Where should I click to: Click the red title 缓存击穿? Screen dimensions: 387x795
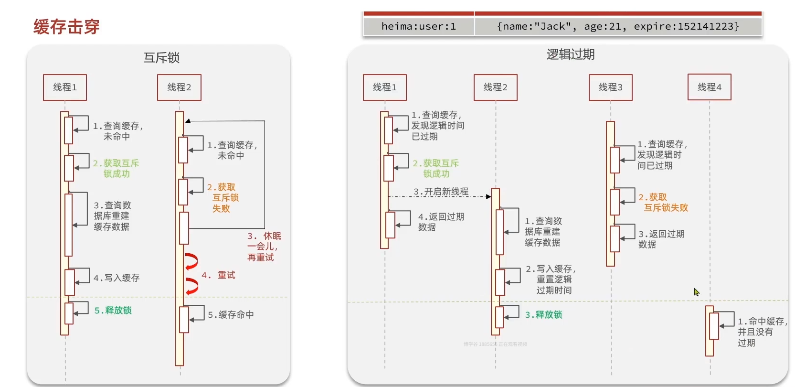[66, 27]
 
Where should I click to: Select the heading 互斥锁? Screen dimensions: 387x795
[161, 58]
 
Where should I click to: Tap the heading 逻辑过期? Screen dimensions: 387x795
[571, 54]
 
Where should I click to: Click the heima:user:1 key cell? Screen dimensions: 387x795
[418, 27]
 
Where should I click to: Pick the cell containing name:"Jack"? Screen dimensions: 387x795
[618, 27]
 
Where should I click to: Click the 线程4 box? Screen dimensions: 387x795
[709, 87]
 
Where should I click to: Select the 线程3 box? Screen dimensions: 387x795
[610, 87]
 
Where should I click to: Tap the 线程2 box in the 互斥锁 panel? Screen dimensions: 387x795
[179, 87]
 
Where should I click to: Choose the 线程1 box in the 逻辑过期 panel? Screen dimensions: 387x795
[384, 87]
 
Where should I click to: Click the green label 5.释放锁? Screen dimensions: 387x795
[113, 311]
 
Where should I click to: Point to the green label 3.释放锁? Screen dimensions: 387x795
[543, 315]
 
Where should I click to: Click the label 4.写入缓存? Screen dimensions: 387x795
[117, 278]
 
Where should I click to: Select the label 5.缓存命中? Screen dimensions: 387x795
[231, 315]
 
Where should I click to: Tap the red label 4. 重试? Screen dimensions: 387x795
[218, 275]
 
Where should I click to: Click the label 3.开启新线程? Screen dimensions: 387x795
[441, 192]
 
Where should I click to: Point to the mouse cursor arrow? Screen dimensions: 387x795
[697, 291]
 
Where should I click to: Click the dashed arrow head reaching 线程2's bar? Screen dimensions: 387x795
[488, 196]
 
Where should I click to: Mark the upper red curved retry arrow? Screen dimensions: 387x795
[191, 261]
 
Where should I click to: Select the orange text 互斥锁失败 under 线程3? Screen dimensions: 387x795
[666, 208]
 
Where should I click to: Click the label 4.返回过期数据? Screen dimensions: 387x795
[441, 222]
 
